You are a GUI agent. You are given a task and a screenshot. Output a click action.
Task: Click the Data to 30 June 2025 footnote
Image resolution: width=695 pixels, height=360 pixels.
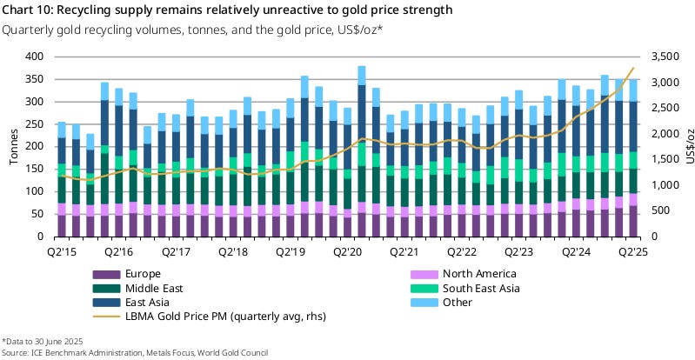(x=43, y=340)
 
